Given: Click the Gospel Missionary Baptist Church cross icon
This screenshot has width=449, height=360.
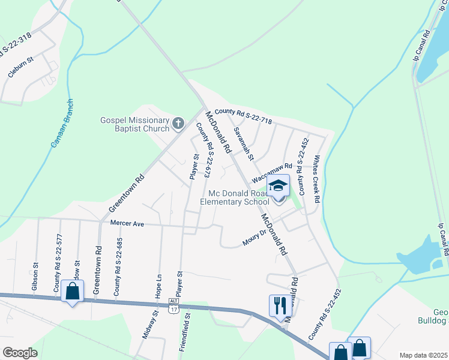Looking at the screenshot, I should tap(178, 124).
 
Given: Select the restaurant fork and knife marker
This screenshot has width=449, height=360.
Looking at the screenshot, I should tap(279, 305).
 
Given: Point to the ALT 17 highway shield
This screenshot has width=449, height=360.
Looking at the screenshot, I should tap(174, 305).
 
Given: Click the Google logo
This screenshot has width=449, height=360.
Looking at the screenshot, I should tap(20, 352).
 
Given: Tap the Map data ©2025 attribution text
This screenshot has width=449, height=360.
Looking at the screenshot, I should tap(423, 355).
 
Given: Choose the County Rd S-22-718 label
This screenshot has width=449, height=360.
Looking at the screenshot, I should tap(243, 116).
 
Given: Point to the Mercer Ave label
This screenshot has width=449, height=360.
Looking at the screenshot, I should tap(127, 223).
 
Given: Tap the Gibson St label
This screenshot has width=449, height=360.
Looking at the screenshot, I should tap(35, 273).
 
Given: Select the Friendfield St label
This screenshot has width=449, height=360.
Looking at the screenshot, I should tap(187, 331).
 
